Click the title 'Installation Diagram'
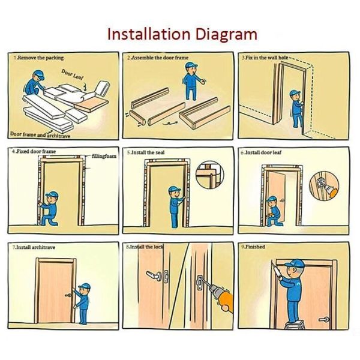point(182,34)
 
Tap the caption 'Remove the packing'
point(37,58)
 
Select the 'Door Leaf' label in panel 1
point(73,75)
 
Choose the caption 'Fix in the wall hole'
point(266,58)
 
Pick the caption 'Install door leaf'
point(263,153)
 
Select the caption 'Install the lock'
point(145,247)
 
